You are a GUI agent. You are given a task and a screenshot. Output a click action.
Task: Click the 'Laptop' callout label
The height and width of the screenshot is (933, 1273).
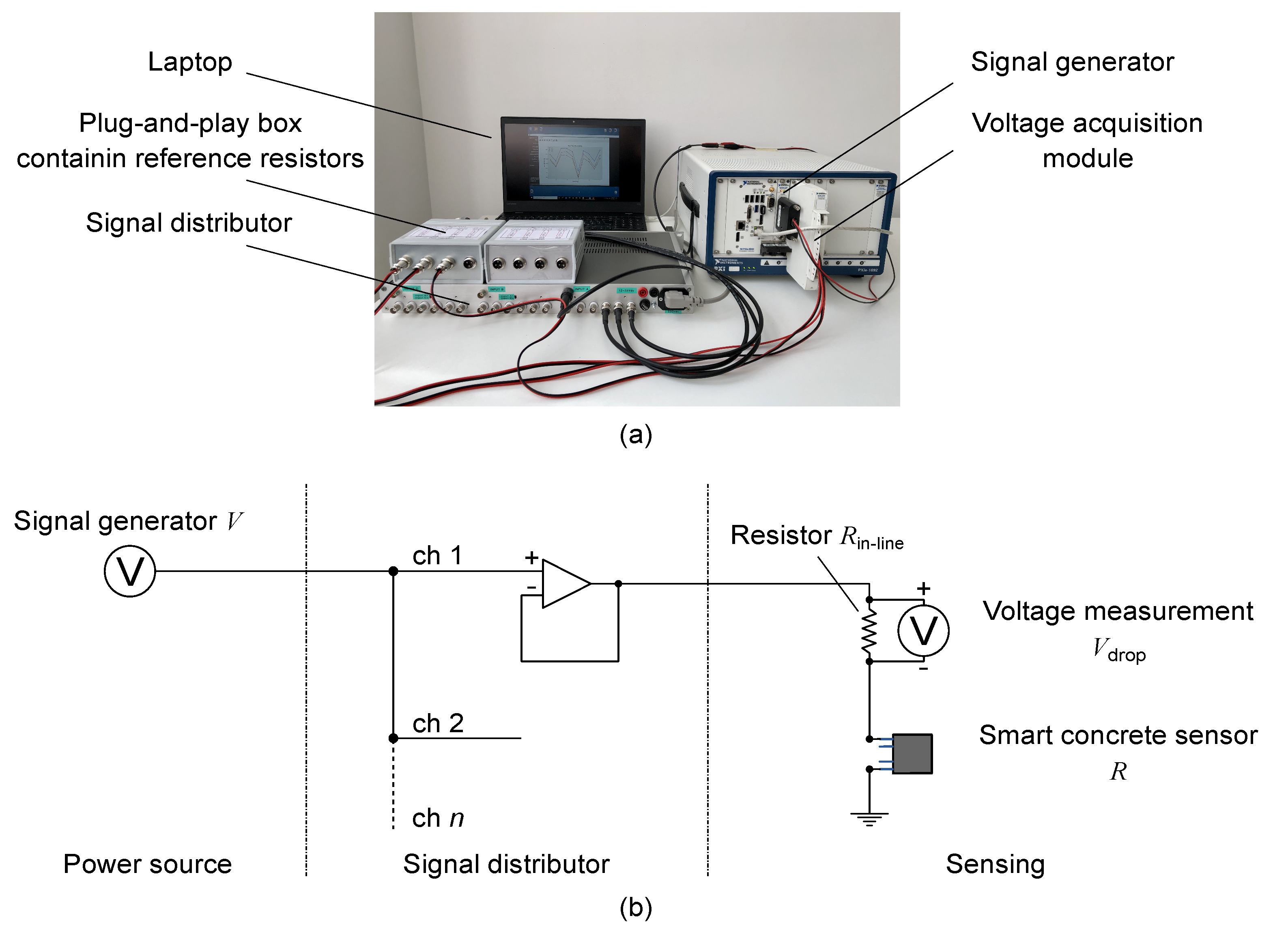[x=190, y=62]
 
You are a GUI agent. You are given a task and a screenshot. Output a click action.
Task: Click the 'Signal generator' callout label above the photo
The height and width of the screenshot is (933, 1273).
[x=1072, y=62]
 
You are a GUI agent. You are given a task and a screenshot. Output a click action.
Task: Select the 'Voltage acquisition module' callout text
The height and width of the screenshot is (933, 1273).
[x=1087, y=140]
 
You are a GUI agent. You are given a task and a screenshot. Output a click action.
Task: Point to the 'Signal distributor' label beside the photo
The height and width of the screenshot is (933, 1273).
[x=189, y=223]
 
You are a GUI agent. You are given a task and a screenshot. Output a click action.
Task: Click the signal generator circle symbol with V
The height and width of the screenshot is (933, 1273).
[x=130, y=571]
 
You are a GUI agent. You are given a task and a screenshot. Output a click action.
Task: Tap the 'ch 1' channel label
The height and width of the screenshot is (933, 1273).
[x=438, y=556]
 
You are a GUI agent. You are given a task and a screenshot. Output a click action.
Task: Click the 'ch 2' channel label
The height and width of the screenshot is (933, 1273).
[x=438, y=723]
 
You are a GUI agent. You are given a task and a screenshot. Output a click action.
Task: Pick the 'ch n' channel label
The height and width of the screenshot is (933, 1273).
[x=438, y=818]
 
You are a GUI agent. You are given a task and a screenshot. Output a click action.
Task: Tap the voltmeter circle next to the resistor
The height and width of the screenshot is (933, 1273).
[x=923, y=631]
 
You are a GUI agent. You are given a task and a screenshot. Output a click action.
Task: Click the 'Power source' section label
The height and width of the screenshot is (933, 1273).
[x=147, y=864]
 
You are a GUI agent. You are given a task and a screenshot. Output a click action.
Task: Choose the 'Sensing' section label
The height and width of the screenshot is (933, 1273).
[x=995, y=864]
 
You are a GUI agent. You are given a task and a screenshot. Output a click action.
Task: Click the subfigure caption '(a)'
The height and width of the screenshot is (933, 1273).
[x=636, y=435]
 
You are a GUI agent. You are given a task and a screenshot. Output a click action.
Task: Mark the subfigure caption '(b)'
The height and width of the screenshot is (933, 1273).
[x=636, y=907]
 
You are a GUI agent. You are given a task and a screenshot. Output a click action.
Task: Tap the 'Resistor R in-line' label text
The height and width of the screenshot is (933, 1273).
[x=817, y=535]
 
